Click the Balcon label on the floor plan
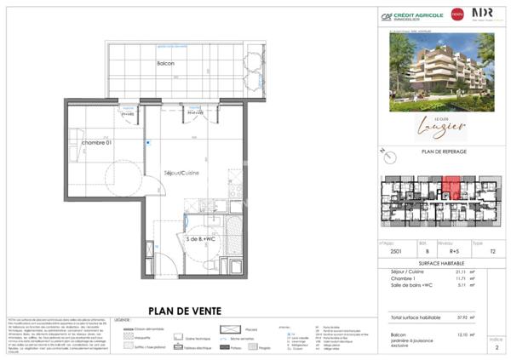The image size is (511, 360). (166, 64)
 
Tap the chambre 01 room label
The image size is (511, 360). (97, 143)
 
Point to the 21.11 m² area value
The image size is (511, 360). (462, 271)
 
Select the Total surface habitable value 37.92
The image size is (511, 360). (462, 317)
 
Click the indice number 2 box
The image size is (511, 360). (497, 348)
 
